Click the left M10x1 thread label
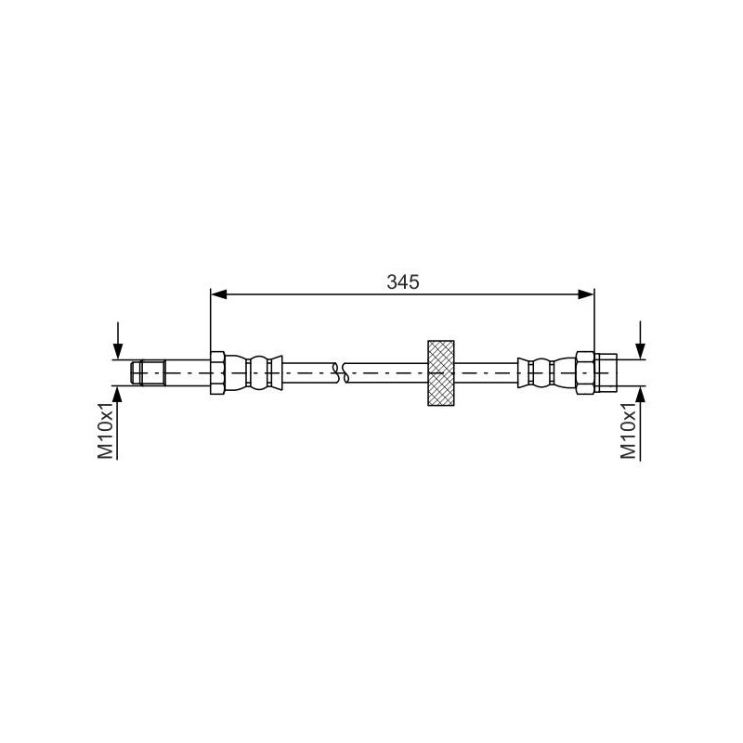107,429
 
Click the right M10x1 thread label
629,429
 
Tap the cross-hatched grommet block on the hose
440,372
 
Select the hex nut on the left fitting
217,372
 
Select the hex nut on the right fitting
585,372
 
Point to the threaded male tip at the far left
149,372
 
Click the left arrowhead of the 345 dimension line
219,294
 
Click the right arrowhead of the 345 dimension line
586,294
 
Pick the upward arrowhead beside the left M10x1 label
118,394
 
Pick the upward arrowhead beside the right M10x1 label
640,394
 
